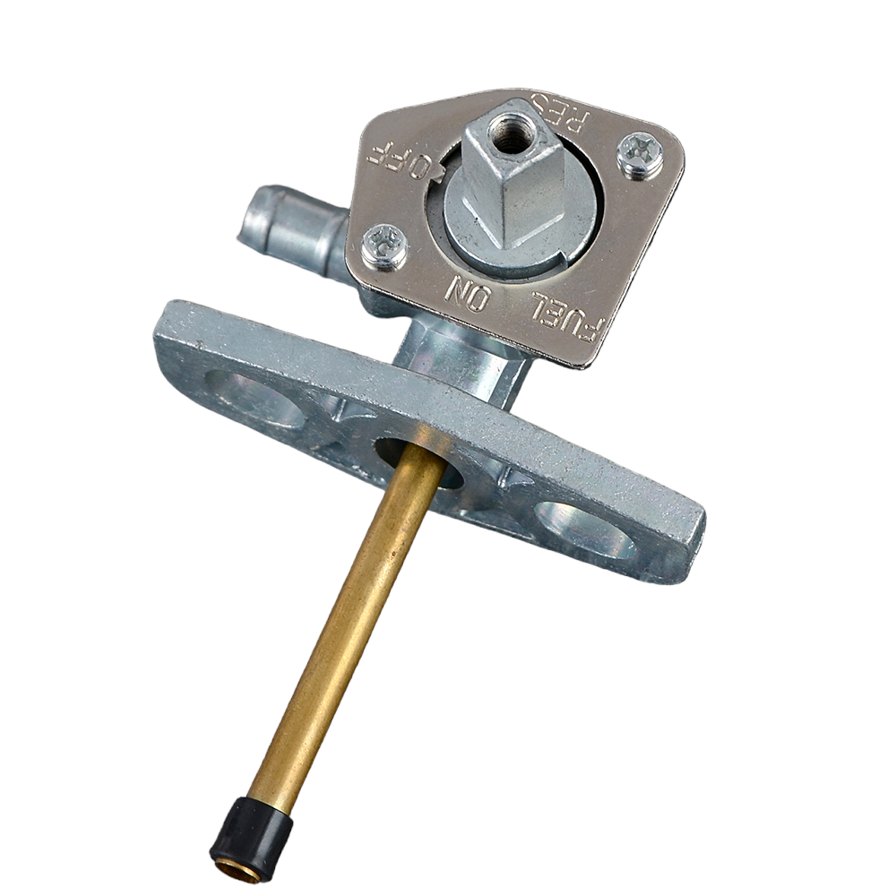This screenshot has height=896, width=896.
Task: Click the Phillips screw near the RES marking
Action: [641, 152]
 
